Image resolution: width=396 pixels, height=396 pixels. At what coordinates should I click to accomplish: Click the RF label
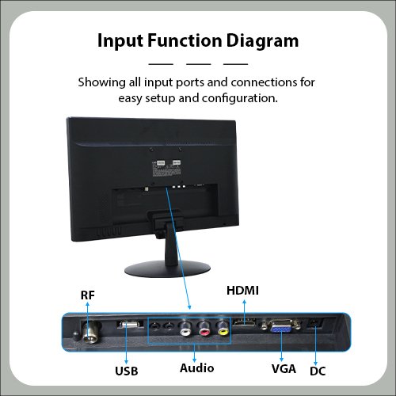coord(88,295)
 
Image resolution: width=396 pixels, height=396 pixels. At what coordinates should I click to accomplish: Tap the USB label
coord(127,371)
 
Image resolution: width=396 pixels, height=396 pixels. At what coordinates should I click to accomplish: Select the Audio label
coord(197,368)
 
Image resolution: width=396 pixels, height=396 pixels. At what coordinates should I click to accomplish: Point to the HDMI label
coord(242,291)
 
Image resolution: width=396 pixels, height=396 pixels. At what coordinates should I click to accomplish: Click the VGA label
coord(284,368)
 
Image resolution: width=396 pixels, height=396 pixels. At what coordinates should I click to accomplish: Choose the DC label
coord(318,371)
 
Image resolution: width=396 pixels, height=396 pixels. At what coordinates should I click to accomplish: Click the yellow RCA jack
coord(223,328)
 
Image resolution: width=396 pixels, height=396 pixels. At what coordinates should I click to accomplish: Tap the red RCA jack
coord(204,329)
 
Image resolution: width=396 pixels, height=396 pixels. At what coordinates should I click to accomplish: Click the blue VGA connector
coord(281,327)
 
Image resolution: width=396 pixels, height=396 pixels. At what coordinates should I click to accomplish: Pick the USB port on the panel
coord(128,325)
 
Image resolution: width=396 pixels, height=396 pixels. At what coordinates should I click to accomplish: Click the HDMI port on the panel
coord(244,322)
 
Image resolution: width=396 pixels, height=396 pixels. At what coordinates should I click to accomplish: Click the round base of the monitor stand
coord(167,269)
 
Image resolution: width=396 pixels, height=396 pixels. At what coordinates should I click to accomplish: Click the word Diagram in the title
coord(262,41)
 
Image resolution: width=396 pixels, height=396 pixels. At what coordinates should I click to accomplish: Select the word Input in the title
coord(120,41)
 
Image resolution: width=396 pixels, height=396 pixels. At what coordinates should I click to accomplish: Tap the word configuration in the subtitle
coord(240,98)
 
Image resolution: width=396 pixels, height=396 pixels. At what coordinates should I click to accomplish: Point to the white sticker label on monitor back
coord(166,169)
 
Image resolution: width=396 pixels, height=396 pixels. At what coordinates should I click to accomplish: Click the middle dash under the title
coord(199,64)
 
